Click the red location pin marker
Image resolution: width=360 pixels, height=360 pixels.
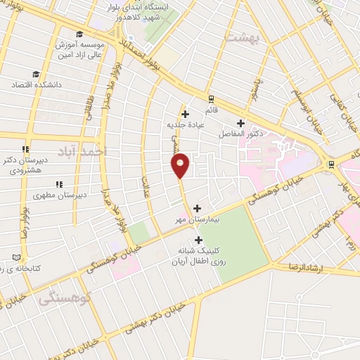(x=181, y=165)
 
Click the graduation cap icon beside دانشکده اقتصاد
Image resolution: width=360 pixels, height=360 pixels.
(x=36, y=74)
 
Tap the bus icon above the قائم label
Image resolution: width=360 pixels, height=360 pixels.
(x=210, y=98)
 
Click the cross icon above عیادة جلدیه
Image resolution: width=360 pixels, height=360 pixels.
(x=185, y=115)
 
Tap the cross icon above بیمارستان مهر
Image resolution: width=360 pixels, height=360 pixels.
(x=197, y=208)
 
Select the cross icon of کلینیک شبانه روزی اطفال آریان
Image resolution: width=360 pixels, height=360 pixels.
(x=199, y=240)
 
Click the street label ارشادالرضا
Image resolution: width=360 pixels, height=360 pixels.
(x=309, y=266)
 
